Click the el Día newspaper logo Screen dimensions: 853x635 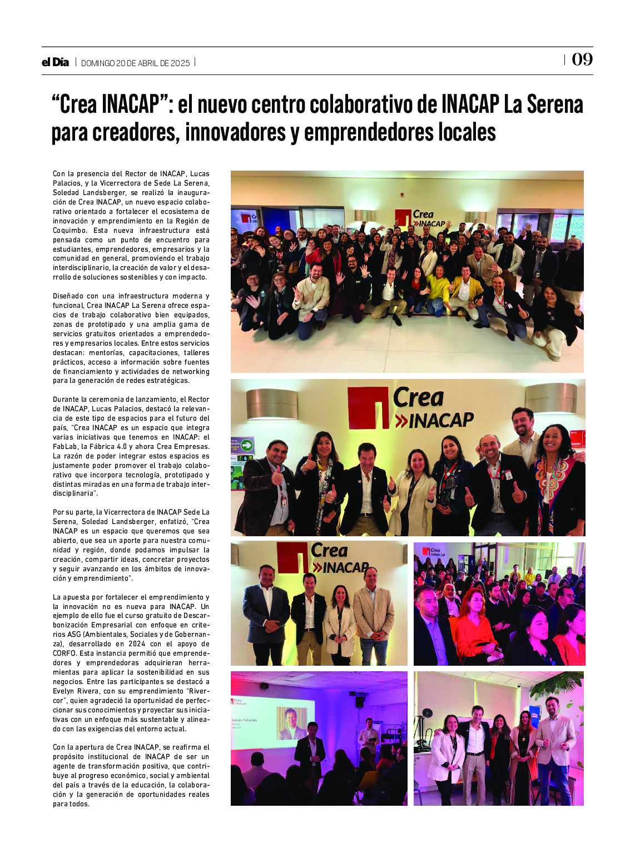click(55, 62)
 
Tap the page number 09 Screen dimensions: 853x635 click(582, 59)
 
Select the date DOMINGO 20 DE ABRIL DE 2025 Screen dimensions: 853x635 click(136, 63)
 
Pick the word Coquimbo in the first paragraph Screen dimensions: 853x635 click(70, 231)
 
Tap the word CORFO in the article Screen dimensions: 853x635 click(65, 654)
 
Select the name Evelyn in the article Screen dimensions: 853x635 click(65, 691)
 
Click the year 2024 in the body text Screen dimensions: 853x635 click(137, 644)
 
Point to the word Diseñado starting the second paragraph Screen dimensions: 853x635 click(69, 296)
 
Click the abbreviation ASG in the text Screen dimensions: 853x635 click(74, 635)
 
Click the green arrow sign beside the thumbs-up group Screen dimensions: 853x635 click(246, 445)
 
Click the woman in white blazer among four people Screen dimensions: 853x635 click(339, 622)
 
